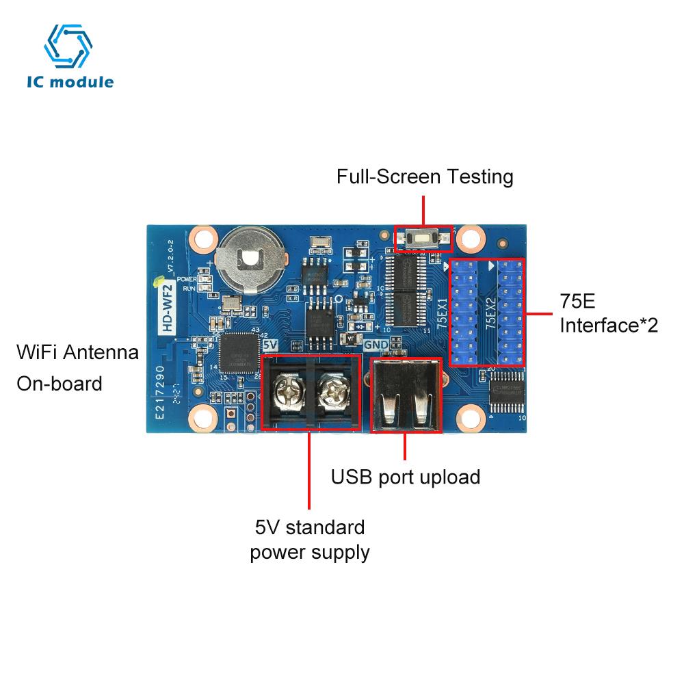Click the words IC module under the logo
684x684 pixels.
[70, 83]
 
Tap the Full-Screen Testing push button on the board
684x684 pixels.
[423, 238]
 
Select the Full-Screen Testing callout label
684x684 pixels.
[424, 177]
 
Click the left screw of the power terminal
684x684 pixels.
[285, 393]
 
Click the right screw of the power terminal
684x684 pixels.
[334, 393]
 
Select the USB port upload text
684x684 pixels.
[405, 477]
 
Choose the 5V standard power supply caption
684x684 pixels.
[310, 540]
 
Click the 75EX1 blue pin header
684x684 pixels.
[465, 313]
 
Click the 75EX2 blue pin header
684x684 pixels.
[509, 313]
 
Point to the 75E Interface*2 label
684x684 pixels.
[608, 313]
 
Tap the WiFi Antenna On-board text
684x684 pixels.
[77, 367]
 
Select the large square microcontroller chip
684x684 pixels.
[235, 352]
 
